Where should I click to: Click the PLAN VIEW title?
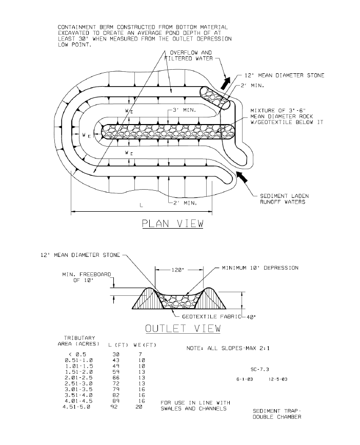click(173, 224)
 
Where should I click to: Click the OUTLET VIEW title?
click(183, 328)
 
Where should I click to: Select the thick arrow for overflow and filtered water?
click(225, 83)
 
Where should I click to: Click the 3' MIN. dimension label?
click(184, 110)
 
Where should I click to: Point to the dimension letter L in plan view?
click(142, 205)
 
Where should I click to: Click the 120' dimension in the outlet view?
click(177, 270)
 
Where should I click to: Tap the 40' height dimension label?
click(250, 317)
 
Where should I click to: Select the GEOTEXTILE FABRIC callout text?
click(211, 316)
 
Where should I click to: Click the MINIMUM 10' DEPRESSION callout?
click(260, 268)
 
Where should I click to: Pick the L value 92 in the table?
click(114, 407)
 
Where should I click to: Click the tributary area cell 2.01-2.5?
click(78, 378)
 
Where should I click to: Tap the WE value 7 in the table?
click(140, 354)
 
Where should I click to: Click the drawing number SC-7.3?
click(260, 369)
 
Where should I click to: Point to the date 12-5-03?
click(278, 379)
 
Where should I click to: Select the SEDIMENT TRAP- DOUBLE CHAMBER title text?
click(277, 414)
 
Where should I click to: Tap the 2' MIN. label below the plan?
click(185, 203)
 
